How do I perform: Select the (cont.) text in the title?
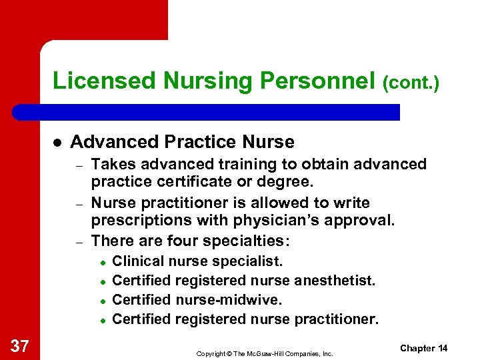coord(411,83)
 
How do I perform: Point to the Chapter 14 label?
coord(424,348)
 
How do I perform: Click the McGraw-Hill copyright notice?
coord(265,353)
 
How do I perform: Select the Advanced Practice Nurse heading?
coord(182,142)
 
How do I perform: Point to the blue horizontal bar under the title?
coord(220,112)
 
